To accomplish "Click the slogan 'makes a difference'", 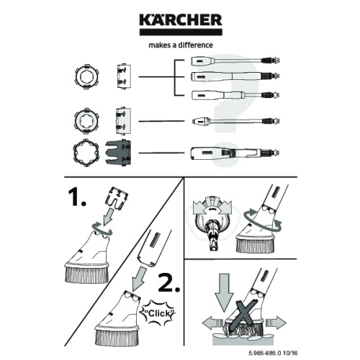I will (179, 44).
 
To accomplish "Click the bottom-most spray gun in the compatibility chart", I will (230, 153).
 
